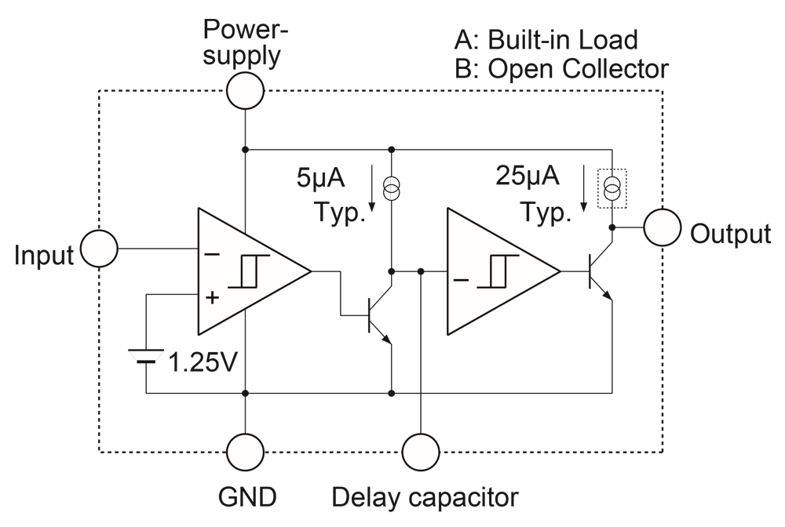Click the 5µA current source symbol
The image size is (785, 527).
[x=392, y=187]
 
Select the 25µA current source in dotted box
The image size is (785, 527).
[x=612, y=188]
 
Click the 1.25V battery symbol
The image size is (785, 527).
[x=146, y=355]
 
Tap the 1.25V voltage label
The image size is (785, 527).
[x=203, y=362]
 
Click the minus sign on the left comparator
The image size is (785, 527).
[x=212, y=255]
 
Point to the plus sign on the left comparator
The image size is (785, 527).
[x=212, y=297]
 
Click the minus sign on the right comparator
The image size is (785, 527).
[x=461, y=280]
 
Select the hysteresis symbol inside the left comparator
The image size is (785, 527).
[x=249, y=271]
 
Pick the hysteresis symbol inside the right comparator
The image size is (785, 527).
[x=498, y=271]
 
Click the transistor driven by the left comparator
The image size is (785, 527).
[x=379, y=315]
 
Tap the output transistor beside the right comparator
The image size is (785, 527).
[x=601, y=271]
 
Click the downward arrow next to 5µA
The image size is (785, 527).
[x=372, y=188]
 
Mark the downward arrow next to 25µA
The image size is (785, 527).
[x=584, y=188]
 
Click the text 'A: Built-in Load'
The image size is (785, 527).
[x=546, y=40]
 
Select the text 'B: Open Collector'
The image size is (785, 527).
[x=561, y=69]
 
